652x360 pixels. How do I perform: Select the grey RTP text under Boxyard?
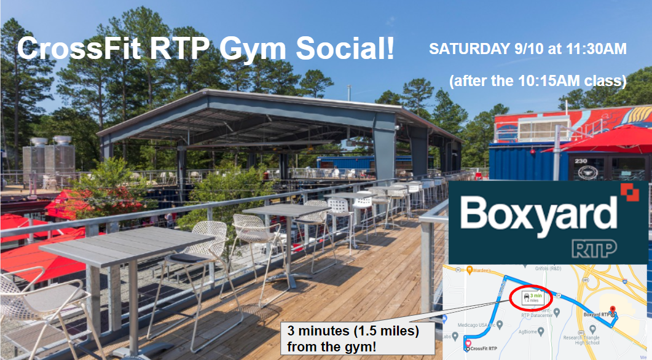[x=595, y=248]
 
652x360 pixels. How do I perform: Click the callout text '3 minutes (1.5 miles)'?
[x=353, y=332]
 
